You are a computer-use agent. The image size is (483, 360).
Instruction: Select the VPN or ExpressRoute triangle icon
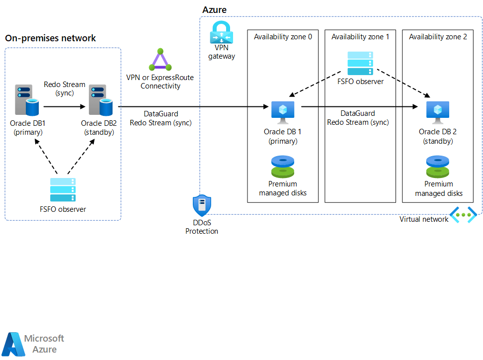160,60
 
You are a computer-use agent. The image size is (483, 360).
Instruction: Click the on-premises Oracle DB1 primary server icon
28,101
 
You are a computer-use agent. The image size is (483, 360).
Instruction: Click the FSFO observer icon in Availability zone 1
360,63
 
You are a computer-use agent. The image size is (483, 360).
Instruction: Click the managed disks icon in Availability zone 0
283,167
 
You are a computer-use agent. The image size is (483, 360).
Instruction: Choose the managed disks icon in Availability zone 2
438,167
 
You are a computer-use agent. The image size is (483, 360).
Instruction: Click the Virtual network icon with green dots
463,215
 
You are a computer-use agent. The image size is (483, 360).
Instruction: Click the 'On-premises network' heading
50,38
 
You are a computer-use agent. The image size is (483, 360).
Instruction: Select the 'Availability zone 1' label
360,37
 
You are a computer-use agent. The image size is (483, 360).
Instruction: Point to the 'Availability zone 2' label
438,37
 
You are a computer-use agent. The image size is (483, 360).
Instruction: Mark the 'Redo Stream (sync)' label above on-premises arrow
65,89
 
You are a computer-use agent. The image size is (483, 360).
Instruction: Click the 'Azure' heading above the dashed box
214,10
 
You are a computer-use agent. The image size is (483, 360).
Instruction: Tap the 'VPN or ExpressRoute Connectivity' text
160,82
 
